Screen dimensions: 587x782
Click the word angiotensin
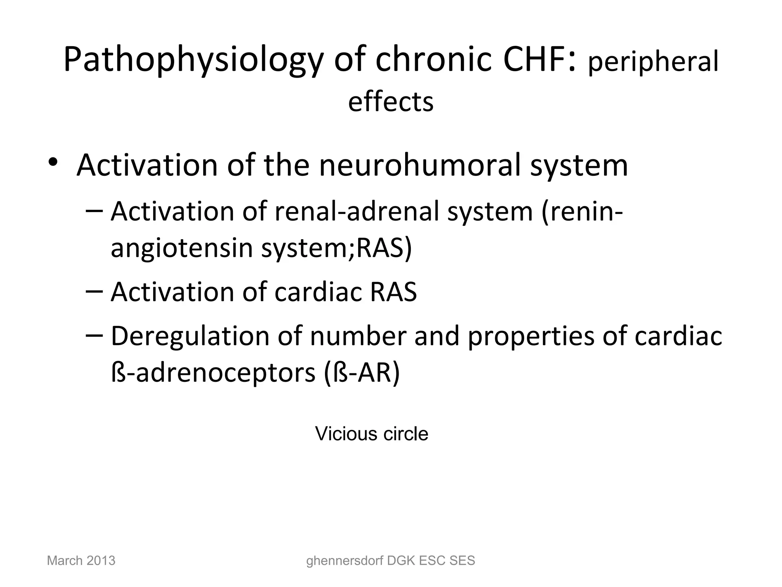coord(182,248)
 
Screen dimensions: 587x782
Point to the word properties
coord(531,336)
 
